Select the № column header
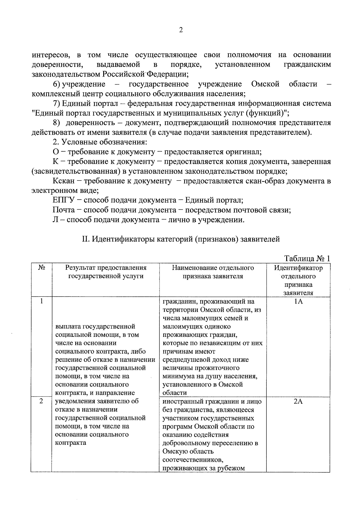[x=42, y=268]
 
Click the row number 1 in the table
[x=42, y=301]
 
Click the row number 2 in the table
[x=42, y=401]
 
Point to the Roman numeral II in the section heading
[x=85, y=239]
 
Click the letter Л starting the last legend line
[x=55, y=220]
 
